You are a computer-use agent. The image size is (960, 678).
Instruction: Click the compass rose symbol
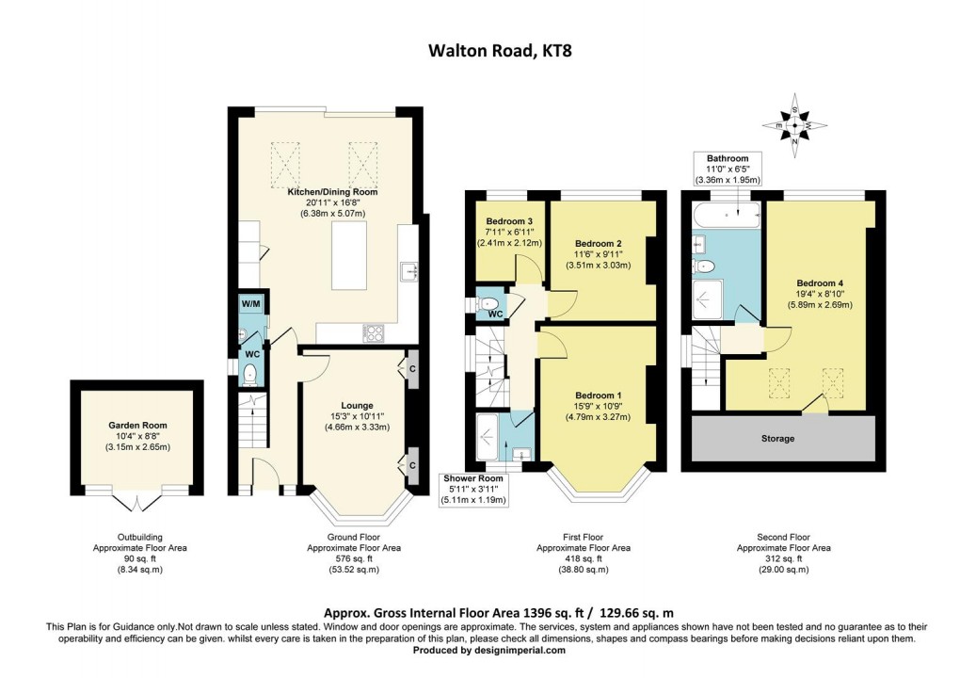797,123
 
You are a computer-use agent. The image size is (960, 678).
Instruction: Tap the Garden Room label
136,425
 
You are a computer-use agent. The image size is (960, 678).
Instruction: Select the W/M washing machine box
250,304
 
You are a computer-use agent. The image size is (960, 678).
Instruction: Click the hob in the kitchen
372,332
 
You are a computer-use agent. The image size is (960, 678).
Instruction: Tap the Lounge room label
357,406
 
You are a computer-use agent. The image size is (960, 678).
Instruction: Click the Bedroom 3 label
504,220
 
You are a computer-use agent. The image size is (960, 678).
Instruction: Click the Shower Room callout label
475,478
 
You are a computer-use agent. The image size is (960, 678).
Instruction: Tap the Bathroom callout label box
728,158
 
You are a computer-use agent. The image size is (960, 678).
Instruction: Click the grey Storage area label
777,439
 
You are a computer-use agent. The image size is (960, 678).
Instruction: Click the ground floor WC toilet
249,374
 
